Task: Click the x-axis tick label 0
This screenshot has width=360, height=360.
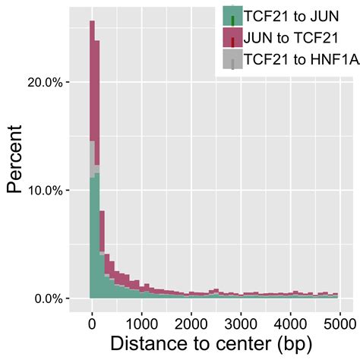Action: tap(91, 321)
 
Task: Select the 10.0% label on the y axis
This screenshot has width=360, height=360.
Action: tap(45, 190)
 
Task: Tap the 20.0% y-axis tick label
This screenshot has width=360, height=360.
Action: tap(45, 82)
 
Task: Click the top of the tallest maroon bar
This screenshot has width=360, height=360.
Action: tap(92, 22)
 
